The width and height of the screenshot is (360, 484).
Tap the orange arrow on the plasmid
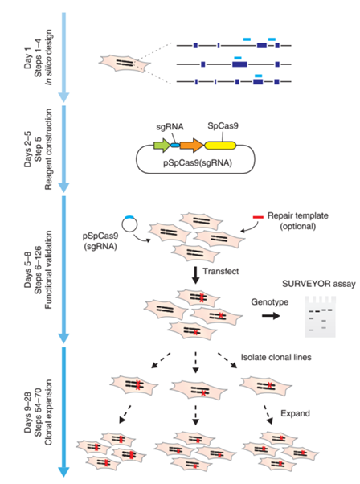point(191,146)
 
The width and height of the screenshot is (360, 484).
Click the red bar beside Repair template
point(258,216)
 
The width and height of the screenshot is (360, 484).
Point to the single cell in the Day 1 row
point(123,62)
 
